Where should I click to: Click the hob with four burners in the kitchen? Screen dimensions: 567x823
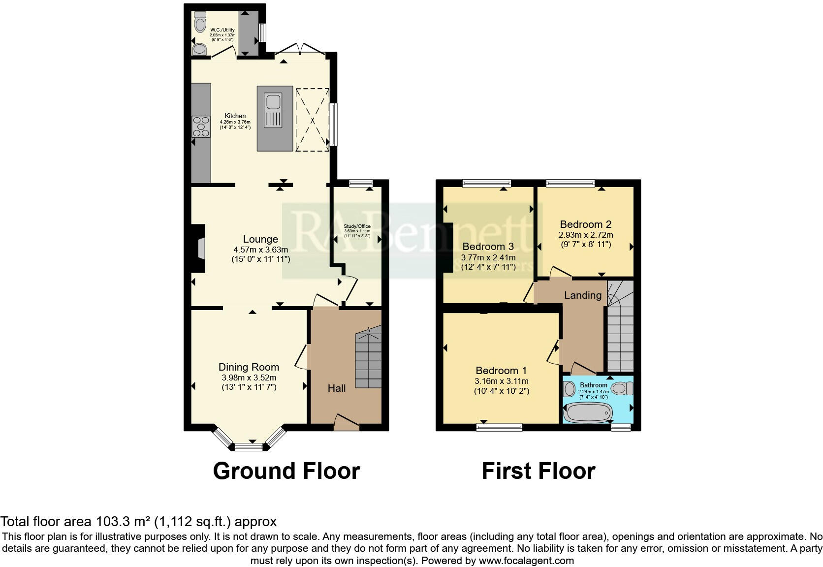(201, 126)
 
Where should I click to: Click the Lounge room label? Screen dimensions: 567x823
(260, 239)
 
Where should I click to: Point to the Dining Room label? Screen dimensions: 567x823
(249, 367)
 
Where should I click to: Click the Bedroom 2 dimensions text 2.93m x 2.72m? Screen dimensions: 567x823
(585, 235)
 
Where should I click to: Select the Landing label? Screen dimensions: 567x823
(583, 295)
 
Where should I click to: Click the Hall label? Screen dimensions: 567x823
(337, 388)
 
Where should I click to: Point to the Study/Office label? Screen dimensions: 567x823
(357, 226)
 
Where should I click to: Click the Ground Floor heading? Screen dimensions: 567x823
(286, 471)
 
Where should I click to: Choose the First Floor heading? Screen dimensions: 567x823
(538, 471)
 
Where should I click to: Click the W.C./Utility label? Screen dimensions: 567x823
(222, 30)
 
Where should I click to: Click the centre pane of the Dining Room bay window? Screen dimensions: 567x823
(249, 447)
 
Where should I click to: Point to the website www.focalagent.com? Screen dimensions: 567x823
(526, 560)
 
